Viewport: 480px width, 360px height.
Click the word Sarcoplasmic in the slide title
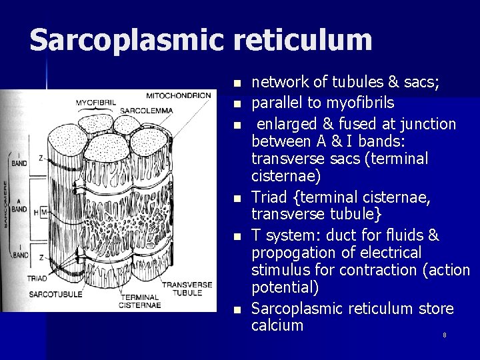point(127,40)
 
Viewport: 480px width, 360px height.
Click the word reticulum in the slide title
point(303,40)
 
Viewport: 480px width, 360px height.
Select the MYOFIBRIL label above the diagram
point(95,102)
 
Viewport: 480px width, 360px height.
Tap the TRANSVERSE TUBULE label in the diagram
point(187,289)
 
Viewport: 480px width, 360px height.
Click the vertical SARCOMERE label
point(7,204)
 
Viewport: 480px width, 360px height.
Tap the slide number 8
point(445,335)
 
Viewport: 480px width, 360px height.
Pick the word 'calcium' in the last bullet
point(277,325)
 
